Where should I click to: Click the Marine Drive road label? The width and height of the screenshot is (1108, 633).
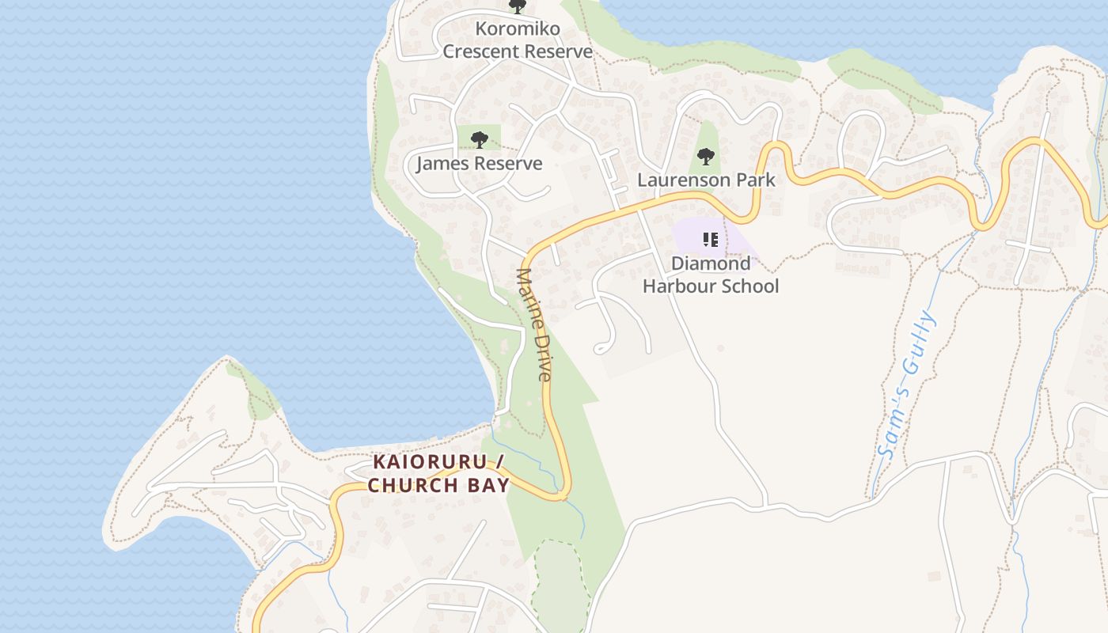(x=533, y=324)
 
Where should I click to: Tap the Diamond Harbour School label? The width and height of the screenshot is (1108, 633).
(x=711, y=275)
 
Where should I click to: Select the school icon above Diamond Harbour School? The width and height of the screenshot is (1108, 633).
(x=710, y=239)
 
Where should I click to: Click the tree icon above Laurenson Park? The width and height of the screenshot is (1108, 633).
(x=706, y=157)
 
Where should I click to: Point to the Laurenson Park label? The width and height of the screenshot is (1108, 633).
(x=706, y=180)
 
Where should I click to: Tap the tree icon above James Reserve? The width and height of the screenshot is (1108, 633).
(x=479, y=140)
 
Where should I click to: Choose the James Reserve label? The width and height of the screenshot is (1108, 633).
(x=479, y=164)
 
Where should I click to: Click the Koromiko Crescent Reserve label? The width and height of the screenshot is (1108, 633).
(x=518, y=40)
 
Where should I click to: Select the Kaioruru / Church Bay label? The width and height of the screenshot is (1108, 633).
(x=438, y=473)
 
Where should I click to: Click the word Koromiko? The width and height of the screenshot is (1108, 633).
(x=518, y=29)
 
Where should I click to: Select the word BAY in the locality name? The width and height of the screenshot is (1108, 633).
(x=491, y=485)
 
